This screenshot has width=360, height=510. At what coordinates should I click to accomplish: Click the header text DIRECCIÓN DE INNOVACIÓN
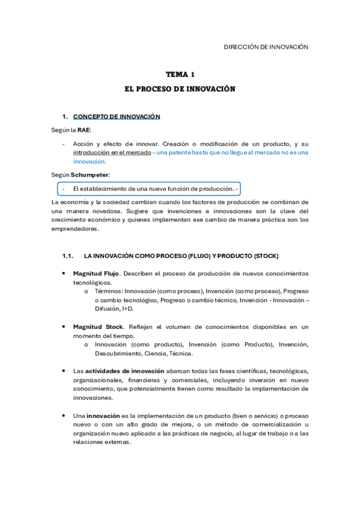click(266, 46)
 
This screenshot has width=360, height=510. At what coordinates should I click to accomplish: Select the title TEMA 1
click(180, 75)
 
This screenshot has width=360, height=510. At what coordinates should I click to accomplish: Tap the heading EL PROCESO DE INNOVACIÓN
click(180, 88)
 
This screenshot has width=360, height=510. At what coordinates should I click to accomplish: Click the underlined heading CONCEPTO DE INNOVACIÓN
click(117, 116)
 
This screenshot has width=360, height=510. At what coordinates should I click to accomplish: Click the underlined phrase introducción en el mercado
click(111, 153)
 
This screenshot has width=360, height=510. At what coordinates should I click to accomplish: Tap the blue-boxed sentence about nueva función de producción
click(152, 189)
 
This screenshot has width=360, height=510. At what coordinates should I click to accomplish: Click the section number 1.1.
click(68, 256)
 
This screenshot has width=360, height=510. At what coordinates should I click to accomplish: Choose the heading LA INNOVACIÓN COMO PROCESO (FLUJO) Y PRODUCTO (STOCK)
click(181, 256)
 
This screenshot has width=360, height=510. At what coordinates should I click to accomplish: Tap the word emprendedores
click(75, 229)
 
